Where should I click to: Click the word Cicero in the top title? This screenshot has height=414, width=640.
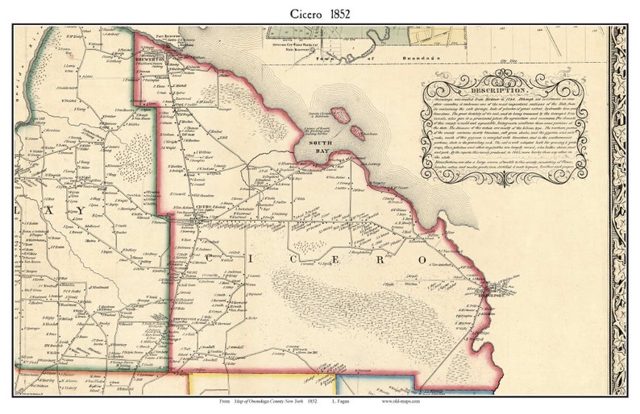pyautogui.click(x=301, y=13)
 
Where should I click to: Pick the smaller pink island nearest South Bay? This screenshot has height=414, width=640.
pyautogui.click(x=355, y=131)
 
